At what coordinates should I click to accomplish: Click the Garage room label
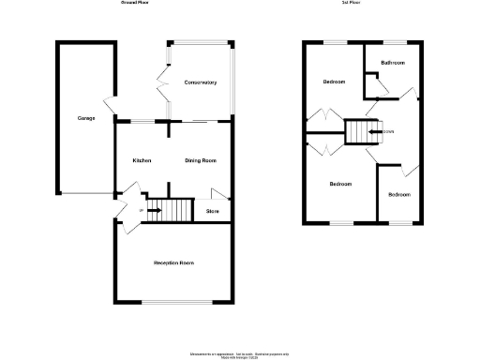pyautogui.click(x=86, y=118)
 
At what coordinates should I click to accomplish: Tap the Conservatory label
pyautogui.click(x=201, y=82)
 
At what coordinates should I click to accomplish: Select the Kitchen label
pyautogui.click(x=142, y=160)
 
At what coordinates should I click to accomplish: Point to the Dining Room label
pyautogui.click(x=201, y=160)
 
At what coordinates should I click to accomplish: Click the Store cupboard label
pyautogui.click(x=213, y=211)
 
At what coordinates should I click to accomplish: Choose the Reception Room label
pyautogui.click(x=173, y=262)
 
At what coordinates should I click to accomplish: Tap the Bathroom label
pyautogui.click(x=393, y=63)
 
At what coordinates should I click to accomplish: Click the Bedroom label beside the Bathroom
pyautogui.click(x=334, y=82)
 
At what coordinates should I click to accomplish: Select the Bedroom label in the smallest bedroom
pyautogui.click(x=399, y=194)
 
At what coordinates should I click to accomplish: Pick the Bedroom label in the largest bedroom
pyautogui.click(x=339, y=184)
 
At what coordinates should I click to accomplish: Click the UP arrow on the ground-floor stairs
pyautogui.click(x=150, y=210)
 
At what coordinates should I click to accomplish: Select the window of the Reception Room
pyautogui.click(x=174, y=301)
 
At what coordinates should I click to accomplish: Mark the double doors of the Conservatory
pyautogui.click(x=164, y=85)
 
